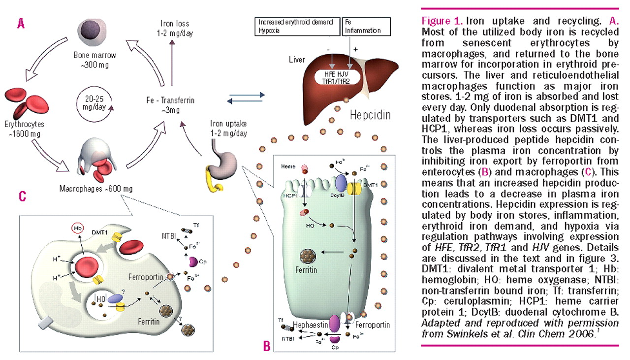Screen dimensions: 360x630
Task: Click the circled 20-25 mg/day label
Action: point(94,100)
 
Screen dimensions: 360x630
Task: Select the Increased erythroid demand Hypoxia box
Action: point(295,26)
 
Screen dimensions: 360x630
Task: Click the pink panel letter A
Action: point(21,23)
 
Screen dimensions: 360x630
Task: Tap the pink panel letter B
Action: point(266,346)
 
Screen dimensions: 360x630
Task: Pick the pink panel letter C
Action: point(22,196)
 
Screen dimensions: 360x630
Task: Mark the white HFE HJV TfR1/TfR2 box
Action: point(345,78)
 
